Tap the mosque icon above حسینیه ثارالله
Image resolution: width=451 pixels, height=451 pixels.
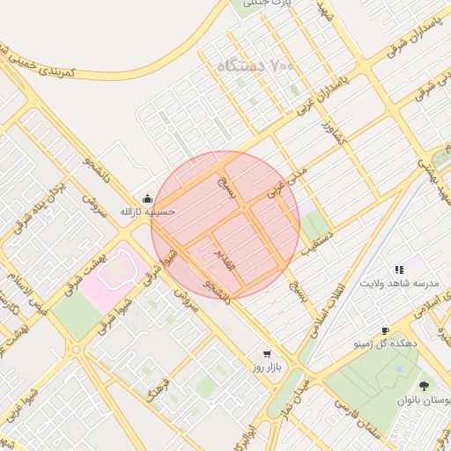tap(146, 198)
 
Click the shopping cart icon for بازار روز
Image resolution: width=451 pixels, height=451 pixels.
tap(267, 353)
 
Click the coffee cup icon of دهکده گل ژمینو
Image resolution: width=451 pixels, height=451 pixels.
tap(385, 330)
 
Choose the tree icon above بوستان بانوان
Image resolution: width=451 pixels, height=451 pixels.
tap(424, 386)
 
